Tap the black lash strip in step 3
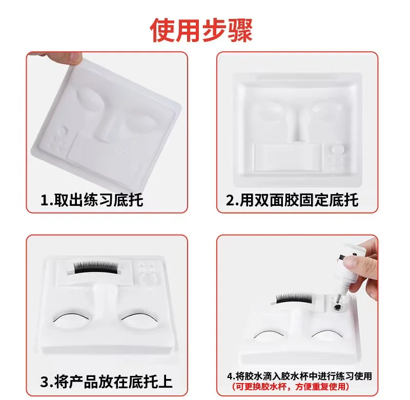(x=94, y=266)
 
